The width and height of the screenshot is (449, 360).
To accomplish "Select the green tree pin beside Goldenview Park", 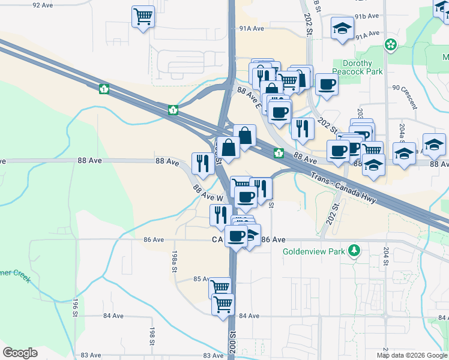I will tap(355, 250).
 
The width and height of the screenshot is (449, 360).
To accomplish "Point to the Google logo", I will tap(20, 353).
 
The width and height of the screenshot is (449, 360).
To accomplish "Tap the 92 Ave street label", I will tap(44, 5).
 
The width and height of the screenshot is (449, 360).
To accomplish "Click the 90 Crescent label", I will tap(405, 87).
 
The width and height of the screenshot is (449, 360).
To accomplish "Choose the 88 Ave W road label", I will tap(208, 193).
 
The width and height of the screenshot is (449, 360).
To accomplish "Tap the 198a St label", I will tap(175, 262).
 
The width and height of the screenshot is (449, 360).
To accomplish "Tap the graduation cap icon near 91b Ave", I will tap(343, 28).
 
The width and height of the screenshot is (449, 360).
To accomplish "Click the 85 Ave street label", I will tap(201, 279).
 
